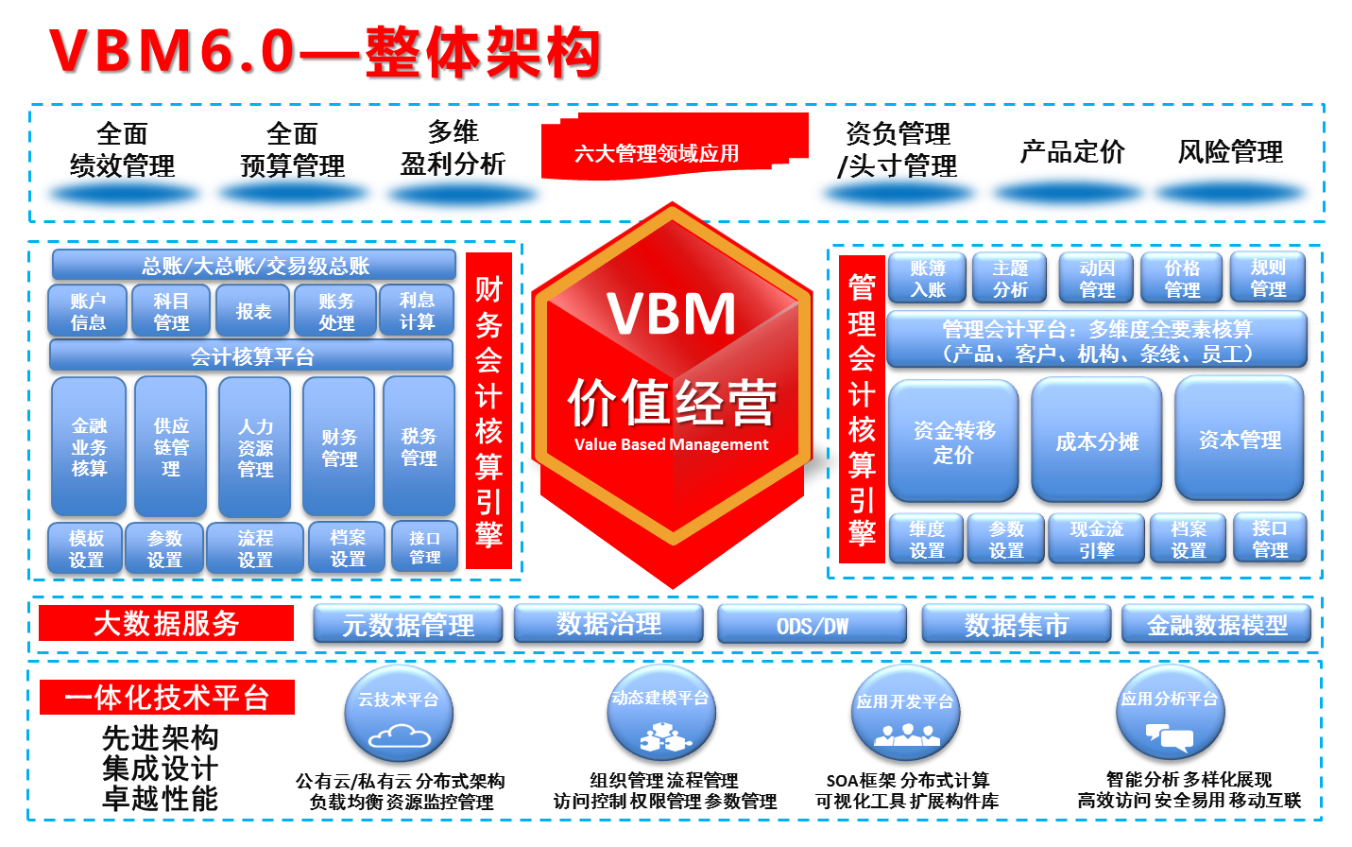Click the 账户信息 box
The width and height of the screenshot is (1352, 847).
(x=88, y=311)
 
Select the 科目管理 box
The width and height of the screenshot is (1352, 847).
(x=171, y=311)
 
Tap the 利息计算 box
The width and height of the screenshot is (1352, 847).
(x=417, y=311)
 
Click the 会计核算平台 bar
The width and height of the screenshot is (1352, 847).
(x=251, y=356)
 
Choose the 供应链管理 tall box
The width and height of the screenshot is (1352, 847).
(x=171, y=446)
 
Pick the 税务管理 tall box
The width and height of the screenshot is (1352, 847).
(x=419, y=446)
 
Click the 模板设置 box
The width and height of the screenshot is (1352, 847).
(x=86, y=548)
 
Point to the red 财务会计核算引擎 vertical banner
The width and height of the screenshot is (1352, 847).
(x=488, y=410)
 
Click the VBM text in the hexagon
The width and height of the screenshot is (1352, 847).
(x=672, y=314)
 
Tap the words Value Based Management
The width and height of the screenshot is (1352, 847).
(x=672, y=444)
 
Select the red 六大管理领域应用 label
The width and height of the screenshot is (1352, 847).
(x=658, y=152)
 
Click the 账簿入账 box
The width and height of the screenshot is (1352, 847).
(x=927, y=278)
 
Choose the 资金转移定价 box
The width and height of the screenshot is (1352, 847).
(x=953, y=441)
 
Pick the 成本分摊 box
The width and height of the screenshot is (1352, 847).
(x=1097, y=441)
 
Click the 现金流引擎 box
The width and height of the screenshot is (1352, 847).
(x=1097, y=539)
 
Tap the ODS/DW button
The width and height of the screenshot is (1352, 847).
(x=812, y=625)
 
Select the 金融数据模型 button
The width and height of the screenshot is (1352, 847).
(x=1217, y=625)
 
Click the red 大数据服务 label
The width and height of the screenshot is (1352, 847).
(x=166, y=624)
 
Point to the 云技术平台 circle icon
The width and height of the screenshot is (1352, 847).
(x=398, y=714)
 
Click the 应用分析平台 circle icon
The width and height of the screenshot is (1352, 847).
(x=1170, y=714)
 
